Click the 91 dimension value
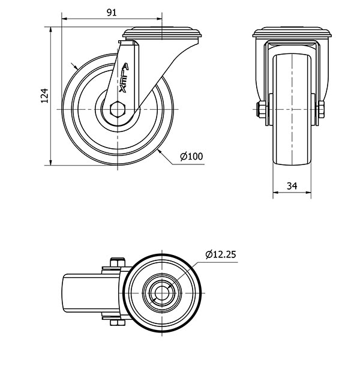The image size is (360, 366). tap(112, 13)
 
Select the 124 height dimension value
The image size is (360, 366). tap(44, 96)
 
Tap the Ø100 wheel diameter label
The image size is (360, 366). tap(191, 156)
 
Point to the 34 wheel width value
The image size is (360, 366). tap(292, 186)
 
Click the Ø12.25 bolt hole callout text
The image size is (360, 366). tap(221, 254)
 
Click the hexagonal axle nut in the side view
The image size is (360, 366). tap(118, 109)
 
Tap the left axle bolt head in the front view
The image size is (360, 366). tap(261, 109)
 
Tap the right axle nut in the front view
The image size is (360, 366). tap(321, 109)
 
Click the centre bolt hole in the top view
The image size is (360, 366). tap(162, 293)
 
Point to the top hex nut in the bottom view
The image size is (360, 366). tap(118, 262)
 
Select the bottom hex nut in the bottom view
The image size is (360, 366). tap(118, 323)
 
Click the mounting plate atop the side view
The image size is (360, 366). tap(162, 32)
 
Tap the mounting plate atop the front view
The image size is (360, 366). tap(292, 32)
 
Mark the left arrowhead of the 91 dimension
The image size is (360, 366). tap(64, 19)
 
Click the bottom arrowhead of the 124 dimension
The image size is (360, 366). tap(50, 162)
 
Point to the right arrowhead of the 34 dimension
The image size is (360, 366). tap(308, 193)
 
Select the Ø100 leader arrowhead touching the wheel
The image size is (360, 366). tap(160, 152)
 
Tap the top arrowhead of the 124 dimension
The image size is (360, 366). tap(50, 30)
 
